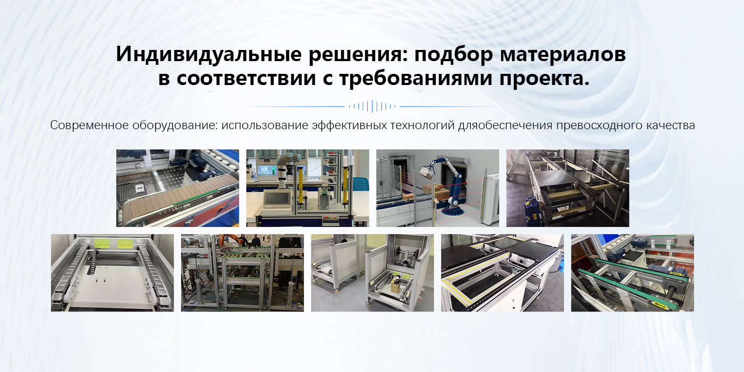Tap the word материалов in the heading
tap(563, 54)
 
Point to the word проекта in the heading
tap(544, 79)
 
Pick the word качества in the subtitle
tap(670, 125)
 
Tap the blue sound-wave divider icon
tap(372, 106)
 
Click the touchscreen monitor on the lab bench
tap(276, 199)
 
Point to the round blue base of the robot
tap(453, 212)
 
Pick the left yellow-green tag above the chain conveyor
tap(102, 243)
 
